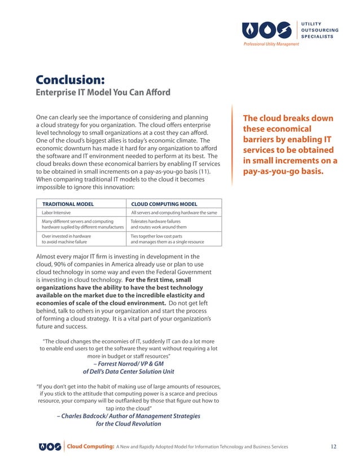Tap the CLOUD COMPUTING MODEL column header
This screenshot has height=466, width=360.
tap(164, 204)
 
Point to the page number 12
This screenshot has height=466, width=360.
tap(333, 447)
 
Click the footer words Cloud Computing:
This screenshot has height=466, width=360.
tap(90, 447)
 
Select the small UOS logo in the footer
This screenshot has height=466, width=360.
tap(50, 447)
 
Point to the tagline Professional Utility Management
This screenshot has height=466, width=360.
tap(271, 44)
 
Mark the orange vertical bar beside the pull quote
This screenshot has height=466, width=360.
tap(232, 144)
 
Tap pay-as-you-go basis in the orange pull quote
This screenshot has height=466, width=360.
tap(282, 171)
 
